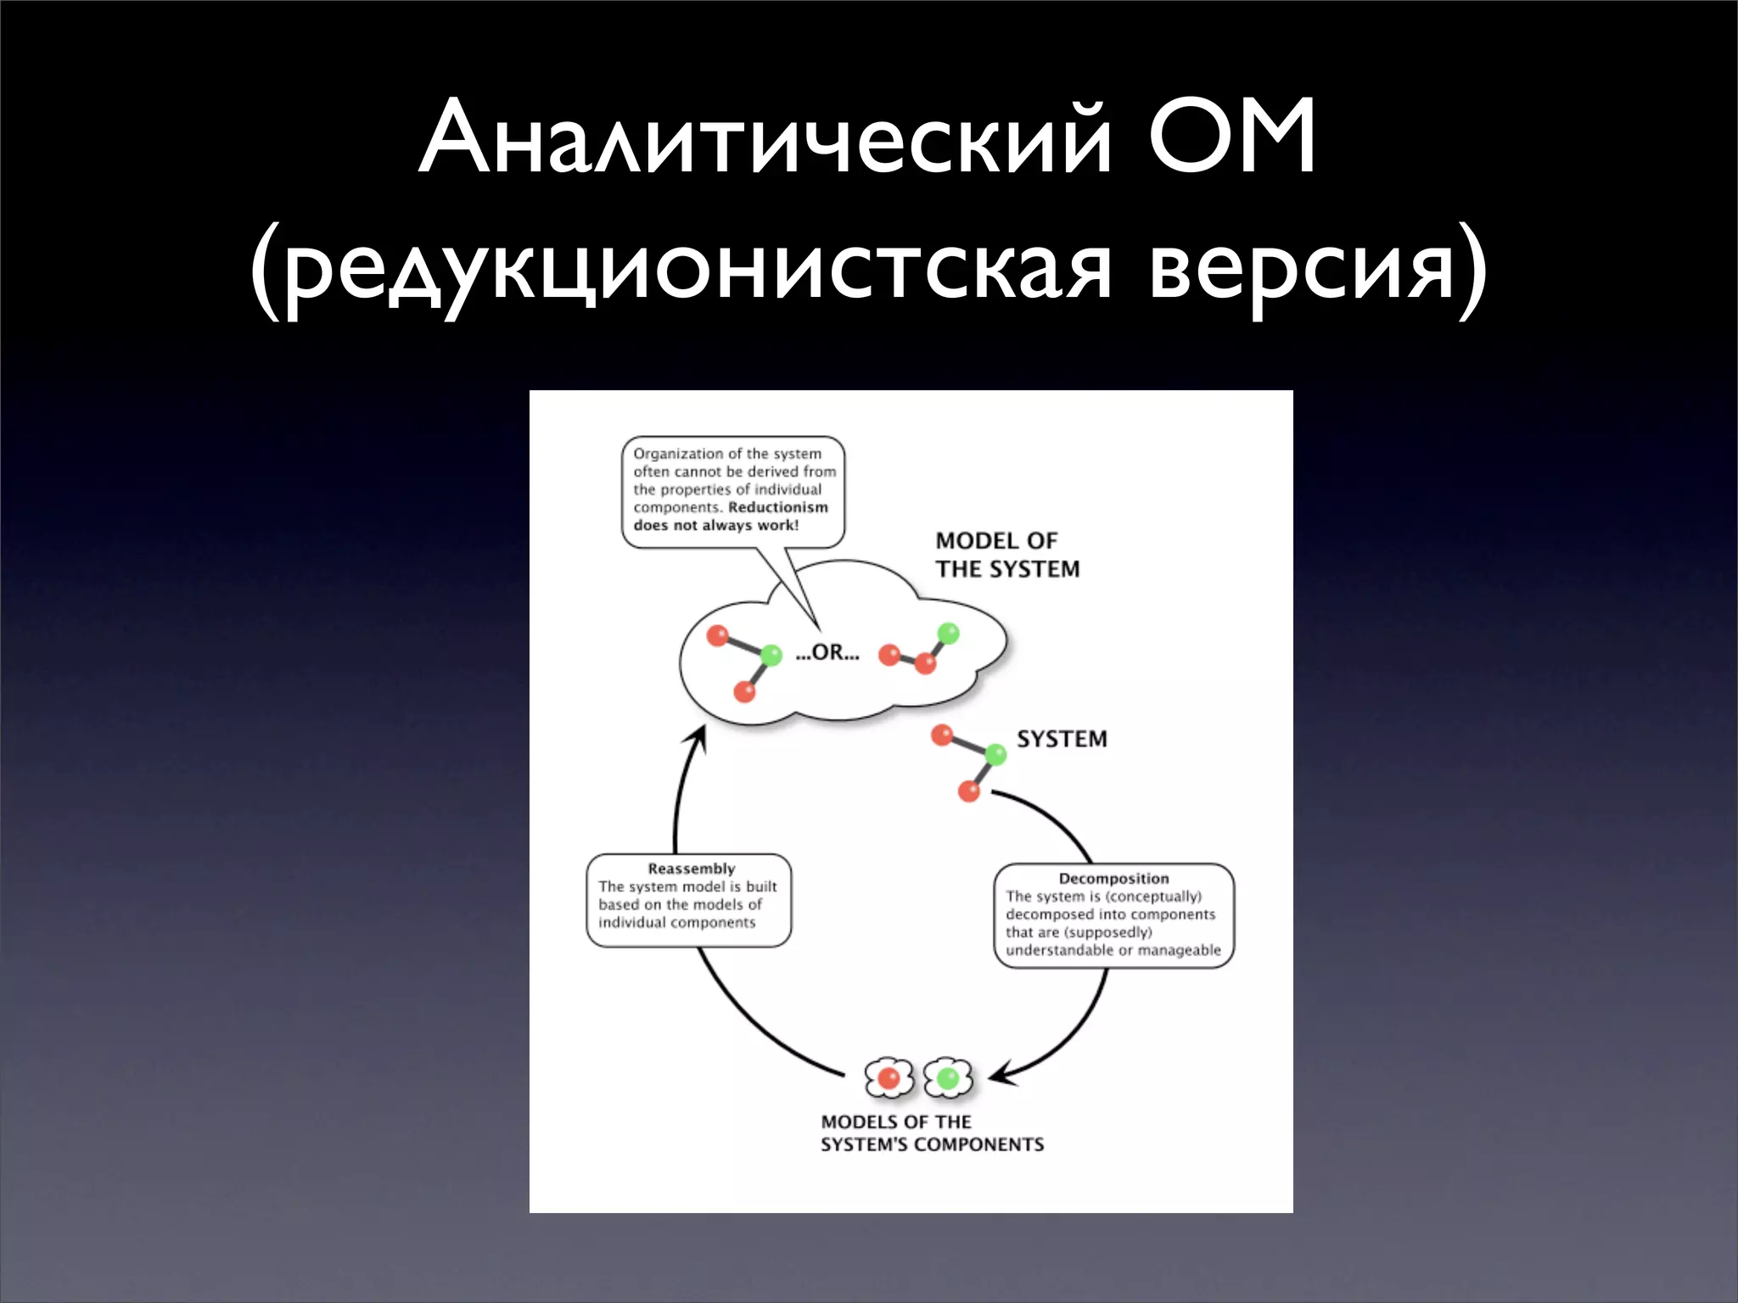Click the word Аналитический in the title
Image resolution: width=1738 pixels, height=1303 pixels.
764,138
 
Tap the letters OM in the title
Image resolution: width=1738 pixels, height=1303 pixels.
1232,138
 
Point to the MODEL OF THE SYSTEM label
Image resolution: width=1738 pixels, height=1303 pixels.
1007,555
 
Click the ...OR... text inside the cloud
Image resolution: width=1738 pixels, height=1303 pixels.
827,652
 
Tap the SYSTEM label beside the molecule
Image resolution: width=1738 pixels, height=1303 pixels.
1062,739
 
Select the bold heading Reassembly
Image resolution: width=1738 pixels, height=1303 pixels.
691,869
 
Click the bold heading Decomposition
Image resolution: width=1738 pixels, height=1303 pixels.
1113,879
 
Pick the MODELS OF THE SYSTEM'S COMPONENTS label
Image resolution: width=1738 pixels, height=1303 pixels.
932,1133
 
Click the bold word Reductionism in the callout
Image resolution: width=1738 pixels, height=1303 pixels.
778,507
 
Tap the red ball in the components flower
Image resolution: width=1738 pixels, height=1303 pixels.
889,1078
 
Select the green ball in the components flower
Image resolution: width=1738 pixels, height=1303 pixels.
947,1078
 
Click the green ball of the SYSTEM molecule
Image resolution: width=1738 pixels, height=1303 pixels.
995,753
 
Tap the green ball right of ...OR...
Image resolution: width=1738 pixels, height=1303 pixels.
948,633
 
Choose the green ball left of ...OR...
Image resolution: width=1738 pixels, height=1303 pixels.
771,655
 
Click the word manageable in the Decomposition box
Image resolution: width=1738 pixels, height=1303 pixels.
1179,950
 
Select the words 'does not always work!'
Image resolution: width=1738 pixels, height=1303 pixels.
715,525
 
